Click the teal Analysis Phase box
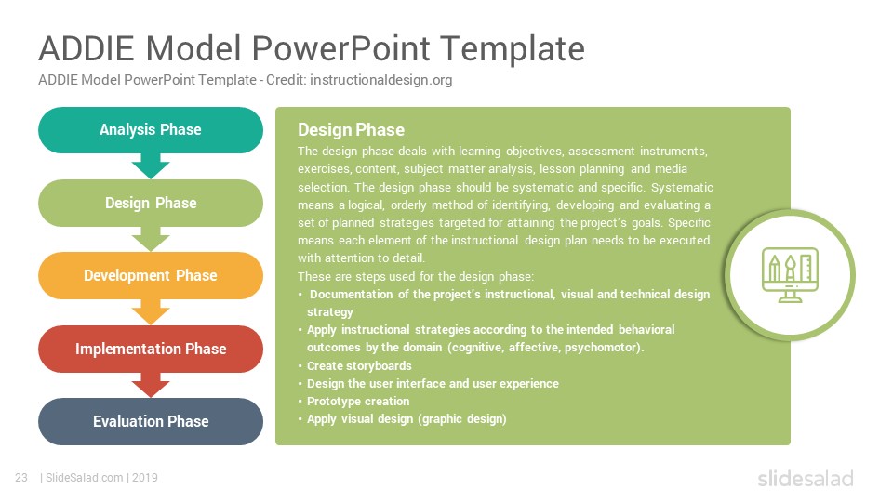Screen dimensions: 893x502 click(x=151, y=130)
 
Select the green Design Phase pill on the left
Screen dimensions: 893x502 click(x=151, y=204)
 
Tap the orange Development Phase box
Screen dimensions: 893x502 click(x=151, y=275)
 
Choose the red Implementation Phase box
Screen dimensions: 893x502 click(x=151, y=349)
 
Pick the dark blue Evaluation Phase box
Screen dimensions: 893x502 click(x=151, y=421)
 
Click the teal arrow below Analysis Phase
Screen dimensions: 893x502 click(x=151, y=166)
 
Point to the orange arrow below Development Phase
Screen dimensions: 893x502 click(x=151, y=312)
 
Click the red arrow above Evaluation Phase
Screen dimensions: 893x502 click(x=151, y=385)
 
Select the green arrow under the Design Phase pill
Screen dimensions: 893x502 click(x=151, y=239)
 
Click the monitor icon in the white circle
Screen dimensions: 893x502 click(x=790, y=275)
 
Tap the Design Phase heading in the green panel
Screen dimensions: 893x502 click(x=351, y=130)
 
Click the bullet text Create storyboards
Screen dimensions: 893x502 click(x=359, y=366)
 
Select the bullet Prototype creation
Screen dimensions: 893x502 click(x=357, y=402)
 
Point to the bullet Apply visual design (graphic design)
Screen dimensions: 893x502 click(x=407, y=419)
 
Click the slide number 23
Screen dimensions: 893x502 click(x=21, y=478)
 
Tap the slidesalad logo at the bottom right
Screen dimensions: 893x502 click(x=806, y=478)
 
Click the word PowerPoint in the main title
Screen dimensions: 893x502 click(x=340, y=48)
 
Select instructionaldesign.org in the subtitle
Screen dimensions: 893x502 click(x=381, y=80)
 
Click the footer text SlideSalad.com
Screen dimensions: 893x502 click(x=85, y=478)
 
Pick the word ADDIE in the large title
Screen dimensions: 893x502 click(x=87, y=48)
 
